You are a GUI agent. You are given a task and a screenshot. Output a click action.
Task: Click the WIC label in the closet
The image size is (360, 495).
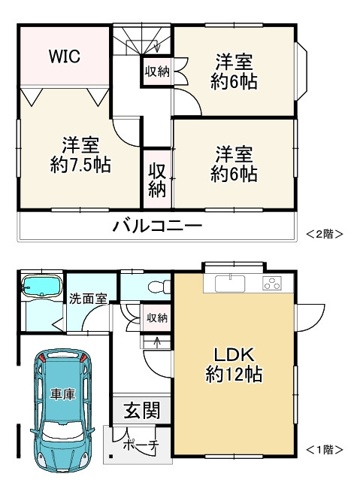coord(65,57)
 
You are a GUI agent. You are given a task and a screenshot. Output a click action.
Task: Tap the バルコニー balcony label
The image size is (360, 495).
coord(157,226)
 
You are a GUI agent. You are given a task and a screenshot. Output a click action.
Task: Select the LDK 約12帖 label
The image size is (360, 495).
coord(234,363)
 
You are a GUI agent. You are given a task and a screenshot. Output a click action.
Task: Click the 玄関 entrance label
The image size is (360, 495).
coord(141,411)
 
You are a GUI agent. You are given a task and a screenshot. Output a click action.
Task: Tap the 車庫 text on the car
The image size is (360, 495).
coord(63,393)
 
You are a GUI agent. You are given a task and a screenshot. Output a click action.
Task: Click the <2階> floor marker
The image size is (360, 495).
coord(324,234)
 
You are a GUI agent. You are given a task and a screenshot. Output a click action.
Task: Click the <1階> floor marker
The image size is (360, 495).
coord(324,450)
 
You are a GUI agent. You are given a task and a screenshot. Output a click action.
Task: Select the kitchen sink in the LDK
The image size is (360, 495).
coord(229,284)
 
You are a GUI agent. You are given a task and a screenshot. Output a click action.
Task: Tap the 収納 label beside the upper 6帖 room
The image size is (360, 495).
coord(157,72)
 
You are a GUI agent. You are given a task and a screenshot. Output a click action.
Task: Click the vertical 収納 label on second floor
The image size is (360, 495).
coord(156,178)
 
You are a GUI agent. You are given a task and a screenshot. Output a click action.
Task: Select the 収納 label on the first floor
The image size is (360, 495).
coord(157,318)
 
